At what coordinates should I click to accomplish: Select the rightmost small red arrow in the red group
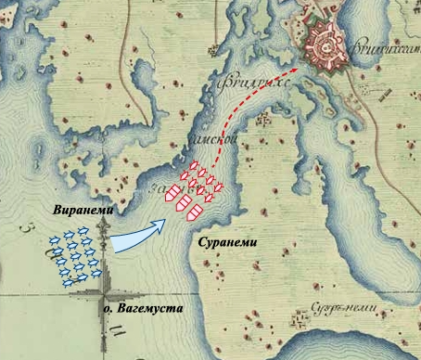point(220,191)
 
